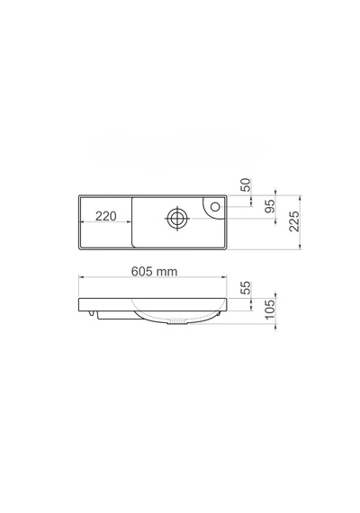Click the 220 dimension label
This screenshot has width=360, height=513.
coord(105,216)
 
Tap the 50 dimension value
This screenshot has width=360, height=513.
coord(246,184)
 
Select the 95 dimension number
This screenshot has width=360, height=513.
coord(270,206)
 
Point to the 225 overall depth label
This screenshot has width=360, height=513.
coord(294,221)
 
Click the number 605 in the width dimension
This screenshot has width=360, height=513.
coord(141,271)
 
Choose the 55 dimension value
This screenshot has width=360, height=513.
coord(246,288)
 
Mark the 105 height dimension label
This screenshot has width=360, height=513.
coord(270,310)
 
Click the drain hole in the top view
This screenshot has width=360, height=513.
coord(177,218)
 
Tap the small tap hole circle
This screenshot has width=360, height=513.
coord(215,206)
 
